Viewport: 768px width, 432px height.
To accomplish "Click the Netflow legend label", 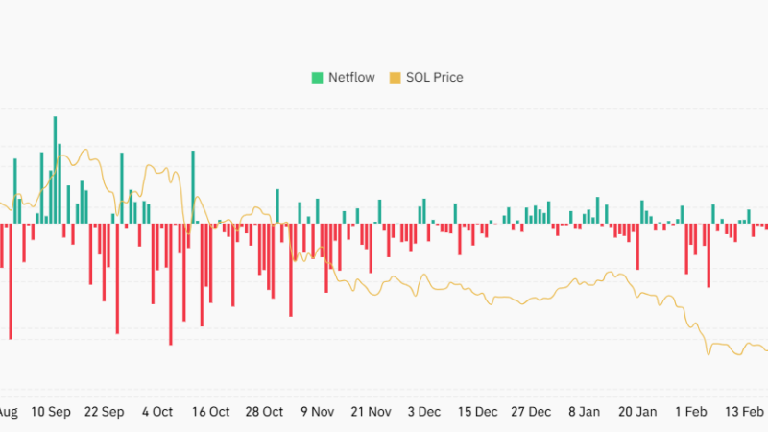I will click(x=351, y=77).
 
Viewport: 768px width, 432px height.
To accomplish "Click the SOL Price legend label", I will click(x=435, y=77).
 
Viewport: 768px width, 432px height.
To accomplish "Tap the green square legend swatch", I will click(x=316, y=77).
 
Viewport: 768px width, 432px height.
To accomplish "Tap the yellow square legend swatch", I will click(x=395, y=77).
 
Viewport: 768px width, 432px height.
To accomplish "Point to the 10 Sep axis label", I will click(x=51, y=412).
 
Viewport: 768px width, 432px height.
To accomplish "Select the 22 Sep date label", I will click(x=104, y=412).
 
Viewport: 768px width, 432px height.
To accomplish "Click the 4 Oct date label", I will click(x=156, y=412).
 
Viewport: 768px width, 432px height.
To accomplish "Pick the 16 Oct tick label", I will click(x=210, y=412).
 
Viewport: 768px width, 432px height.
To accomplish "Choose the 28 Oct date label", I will click(x=264, y=412).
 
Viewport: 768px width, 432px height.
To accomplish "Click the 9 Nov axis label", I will click(x=317, y=412).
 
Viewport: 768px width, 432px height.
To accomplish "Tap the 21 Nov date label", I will click(x=371, y=412).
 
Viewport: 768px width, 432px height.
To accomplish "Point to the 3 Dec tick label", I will click(x=424, y=412).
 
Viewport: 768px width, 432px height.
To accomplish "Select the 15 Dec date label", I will click(x=477, y=412).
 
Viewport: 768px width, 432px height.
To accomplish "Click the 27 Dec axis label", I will click(x=531, y=412).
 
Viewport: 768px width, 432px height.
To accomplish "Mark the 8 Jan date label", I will click(x=584, y=412).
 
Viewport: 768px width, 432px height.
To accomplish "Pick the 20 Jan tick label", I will click(x=637, y=412).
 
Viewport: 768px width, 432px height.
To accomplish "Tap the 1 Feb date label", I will click(x=690, y=412).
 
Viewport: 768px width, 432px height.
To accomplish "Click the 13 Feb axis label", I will click(x=744, y=412).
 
